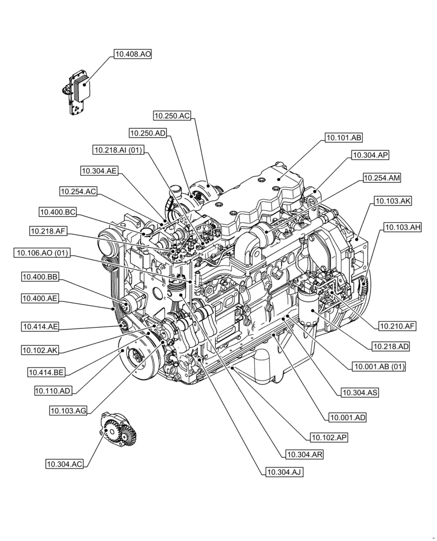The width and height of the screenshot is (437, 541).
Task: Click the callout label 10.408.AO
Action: [133, 54]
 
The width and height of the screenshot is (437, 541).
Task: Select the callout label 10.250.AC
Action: [172, 115]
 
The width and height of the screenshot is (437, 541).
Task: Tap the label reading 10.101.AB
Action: [343, 137]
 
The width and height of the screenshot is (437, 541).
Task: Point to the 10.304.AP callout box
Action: [370, 155]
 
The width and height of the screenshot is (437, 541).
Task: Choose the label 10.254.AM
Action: [382, 177]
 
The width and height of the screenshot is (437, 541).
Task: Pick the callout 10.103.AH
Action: [402, 228]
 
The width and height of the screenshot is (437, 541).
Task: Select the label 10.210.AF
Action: [397, 326]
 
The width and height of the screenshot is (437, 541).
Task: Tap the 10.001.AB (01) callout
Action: [379, 367]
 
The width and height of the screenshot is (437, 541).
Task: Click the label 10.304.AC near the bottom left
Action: [64, 464]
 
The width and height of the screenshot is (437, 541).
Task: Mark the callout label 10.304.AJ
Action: [283, 472]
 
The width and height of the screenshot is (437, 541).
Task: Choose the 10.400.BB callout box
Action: [40, 276]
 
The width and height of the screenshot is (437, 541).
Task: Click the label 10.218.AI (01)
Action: [118, 150]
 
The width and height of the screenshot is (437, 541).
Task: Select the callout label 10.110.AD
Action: [52, 390]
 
